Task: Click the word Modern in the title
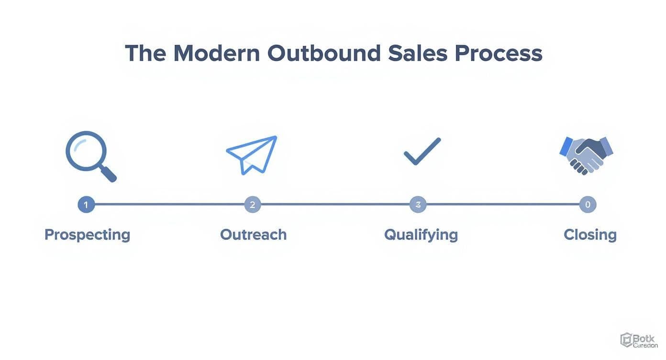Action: coord(216,53)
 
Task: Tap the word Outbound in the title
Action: coord(324,53)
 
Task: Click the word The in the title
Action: coord(145,53)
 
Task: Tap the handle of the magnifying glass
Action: coord(109,174)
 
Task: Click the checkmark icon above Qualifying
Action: coord(422,151)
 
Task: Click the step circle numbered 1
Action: coord(86,205)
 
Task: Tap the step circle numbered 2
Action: coord(253,205)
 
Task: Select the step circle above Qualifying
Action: coord(418,205)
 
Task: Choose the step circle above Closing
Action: coord(588,205)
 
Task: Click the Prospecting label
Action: coord(87,235)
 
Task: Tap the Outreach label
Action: coord(253,235)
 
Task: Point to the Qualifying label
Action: coord(421,235)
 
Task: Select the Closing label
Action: coord(590,235)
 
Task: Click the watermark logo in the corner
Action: coord(639,340)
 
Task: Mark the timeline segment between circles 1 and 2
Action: coord(169,205)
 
